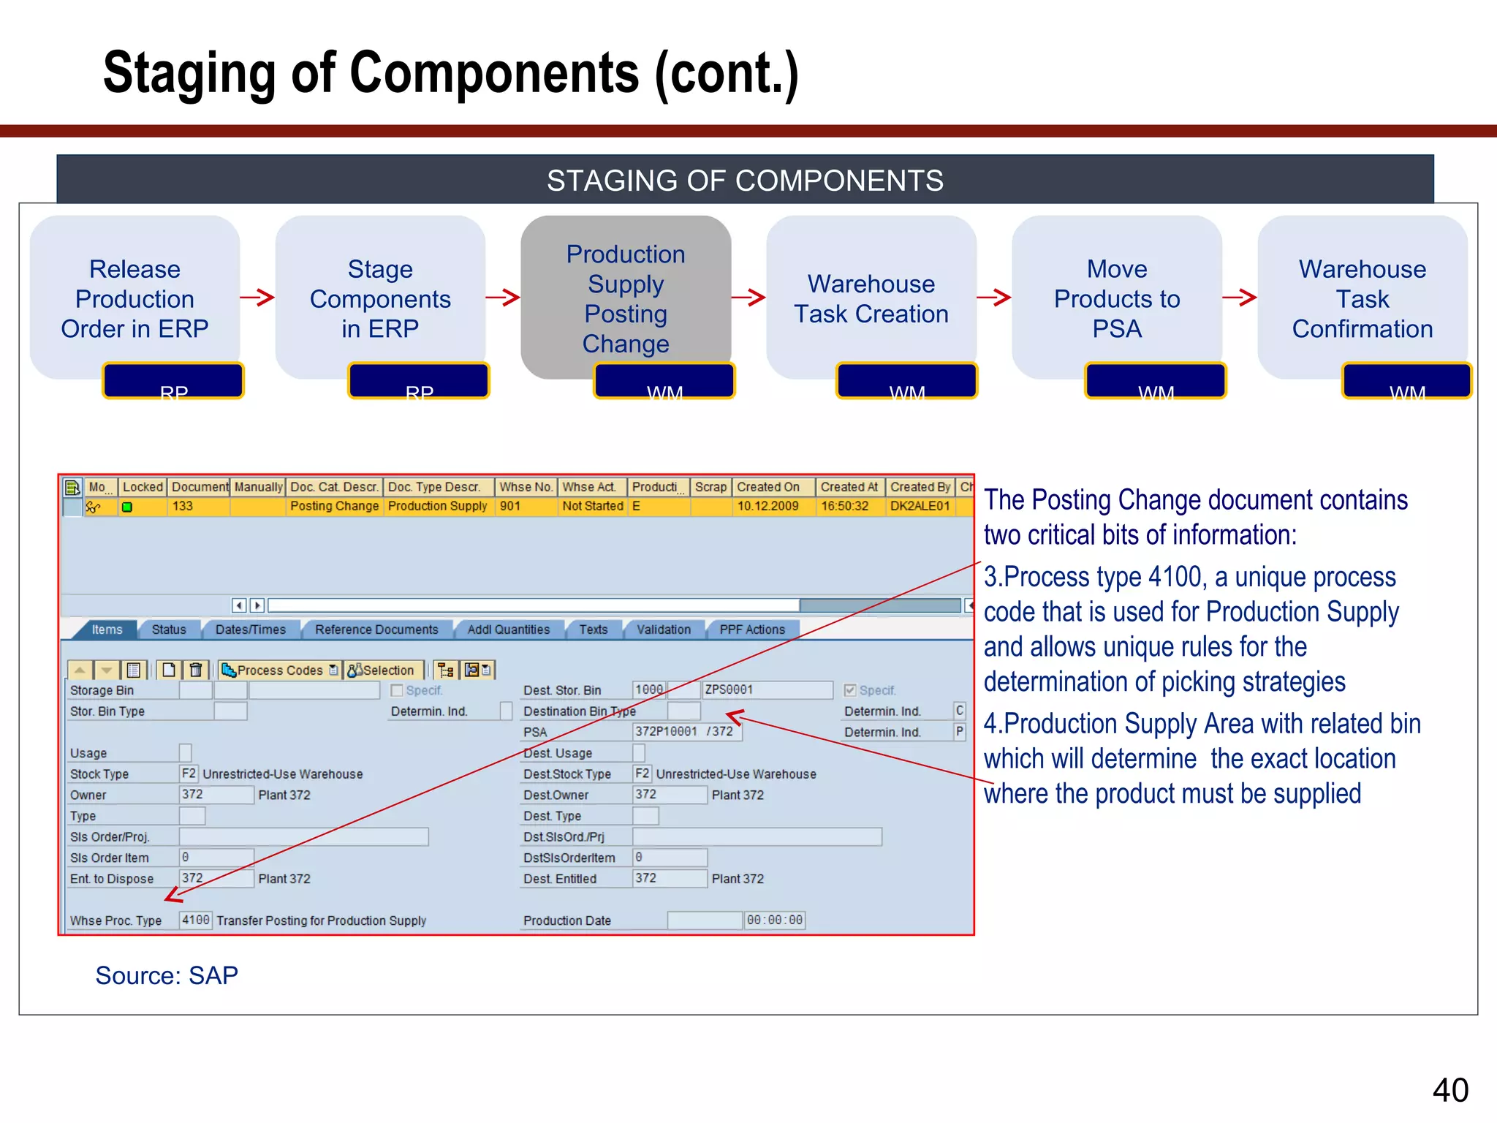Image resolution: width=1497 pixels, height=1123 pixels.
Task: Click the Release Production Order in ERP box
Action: (x=135, y=298)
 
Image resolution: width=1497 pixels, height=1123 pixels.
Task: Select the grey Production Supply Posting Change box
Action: (x=626, y=298)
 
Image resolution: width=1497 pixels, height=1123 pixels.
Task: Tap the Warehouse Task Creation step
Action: (x=871, y=298)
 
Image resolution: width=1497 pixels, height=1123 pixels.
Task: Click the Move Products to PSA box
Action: (x=1117, y=298)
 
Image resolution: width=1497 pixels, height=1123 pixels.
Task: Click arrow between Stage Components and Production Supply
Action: (x=503, y=297)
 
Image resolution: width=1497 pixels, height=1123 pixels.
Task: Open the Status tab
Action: (x=169, y=629)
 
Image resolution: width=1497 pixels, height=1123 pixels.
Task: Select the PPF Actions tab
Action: (x=752, y=629)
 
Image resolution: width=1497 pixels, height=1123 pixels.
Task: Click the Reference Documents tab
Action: (x=376, y=629)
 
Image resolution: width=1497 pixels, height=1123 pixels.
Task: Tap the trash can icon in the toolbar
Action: (x=196, y=670)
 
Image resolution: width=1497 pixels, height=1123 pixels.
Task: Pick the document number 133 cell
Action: (x=183, y=506)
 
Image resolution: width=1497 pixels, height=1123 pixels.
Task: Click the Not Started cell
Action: (x=592, y=506)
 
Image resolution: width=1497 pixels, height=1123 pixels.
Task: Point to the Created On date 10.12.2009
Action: (x=768, y=506)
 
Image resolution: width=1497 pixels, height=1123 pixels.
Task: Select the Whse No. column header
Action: (x=526, y=487)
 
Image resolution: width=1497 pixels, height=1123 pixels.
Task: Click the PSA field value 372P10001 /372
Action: (x=685, y=731)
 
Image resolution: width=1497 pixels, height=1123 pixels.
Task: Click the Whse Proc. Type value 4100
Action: (x=195, y=920)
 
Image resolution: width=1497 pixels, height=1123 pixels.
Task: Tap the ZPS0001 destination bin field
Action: (x=766, y=689)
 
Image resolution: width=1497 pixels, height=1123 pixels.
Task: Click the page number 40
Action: (x=1450, y=1090)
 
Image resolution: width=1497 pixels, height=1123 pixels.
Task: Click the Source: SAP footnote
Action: (x=167, y=975)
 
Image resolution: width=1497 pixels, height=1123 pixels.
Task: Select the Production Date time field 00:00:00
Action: (x=774, y=920)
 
